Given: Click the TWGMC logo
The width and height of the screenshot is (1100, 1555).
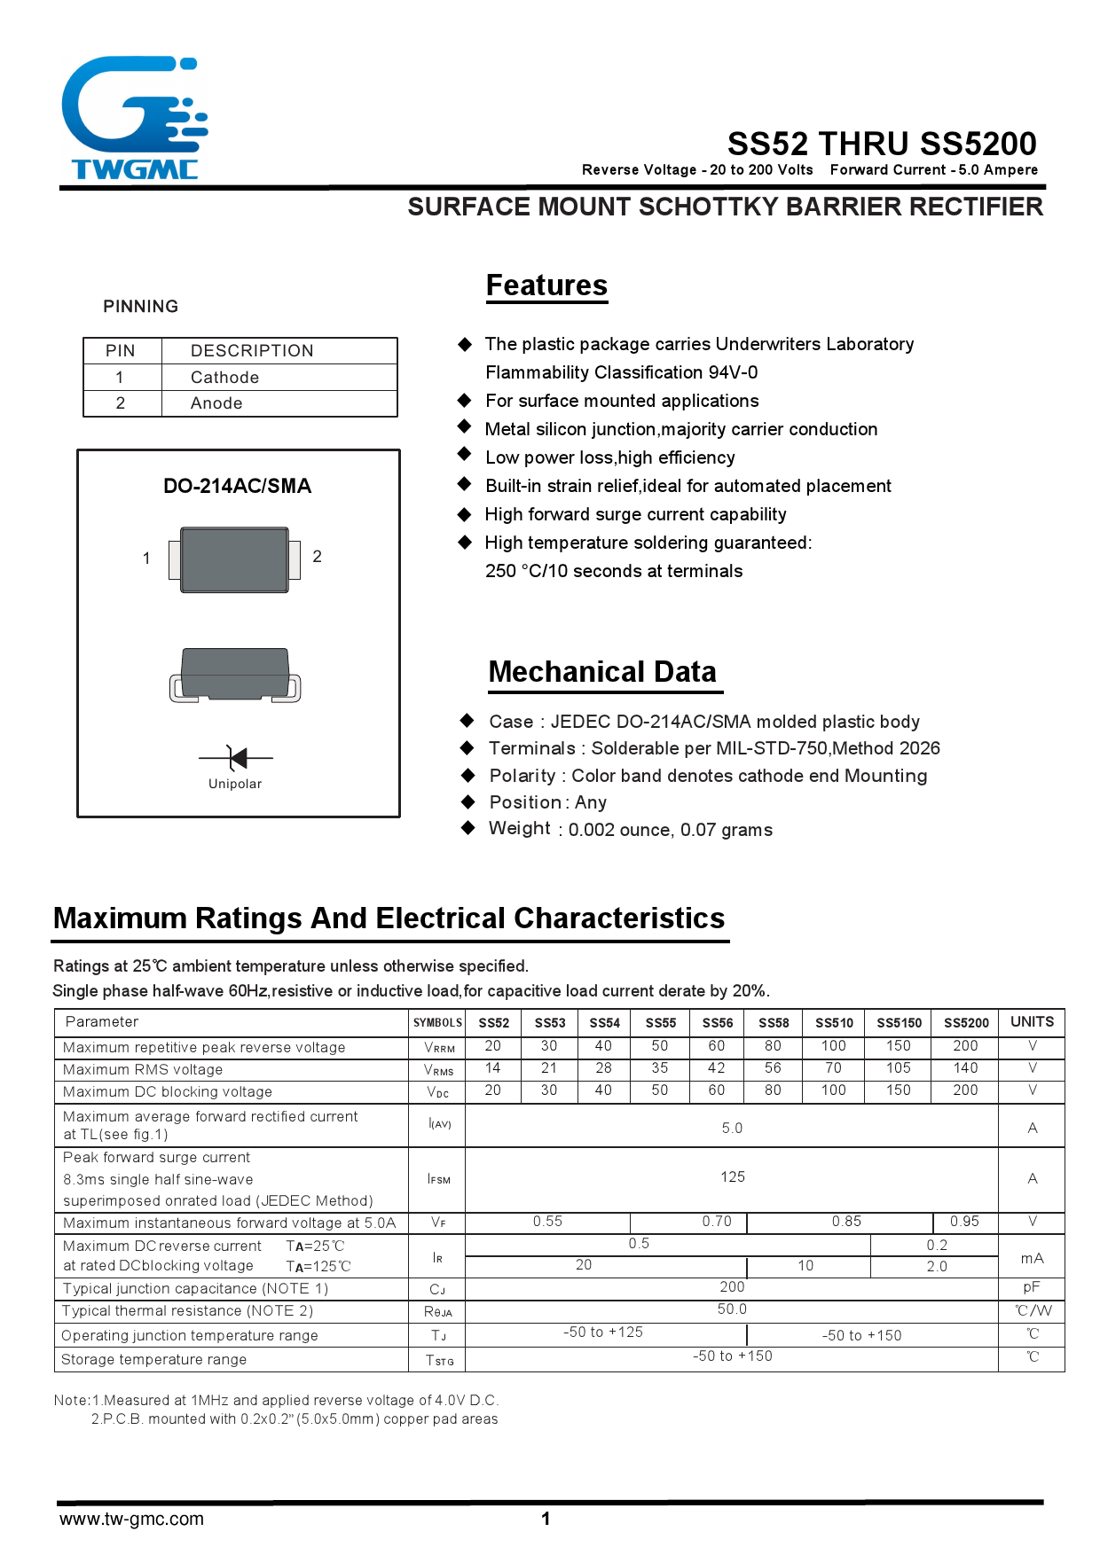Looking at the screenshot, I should click(x=135, y=119).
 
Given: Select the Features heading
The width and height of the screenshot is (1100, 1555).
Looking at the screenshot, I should click(x=546, y=285).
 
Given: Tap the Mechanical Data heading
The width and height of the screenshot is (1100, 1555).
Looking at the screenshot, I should click(x=602, y=672).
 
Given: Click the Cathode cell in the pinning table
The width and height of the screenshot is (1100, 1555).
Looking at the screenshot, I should click(x=225, y=378).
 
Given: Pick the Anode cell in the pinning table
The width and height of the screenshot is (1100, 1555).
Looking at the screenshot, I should click(x=217, y=403).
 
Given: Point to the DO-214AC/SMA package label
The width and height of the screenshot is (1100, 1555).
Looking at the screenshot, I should click(x=237, y=486).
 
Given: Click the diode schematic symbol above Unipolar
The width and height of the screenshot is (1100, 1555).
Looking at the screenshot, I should click(x=236, y=758).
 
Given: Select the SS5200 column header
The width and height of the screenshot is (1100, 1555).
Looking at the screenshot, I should click(x=965, y=1023).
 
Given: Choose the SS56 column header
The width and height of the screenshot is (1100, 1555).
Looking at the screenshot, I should click(x=717, y=1023).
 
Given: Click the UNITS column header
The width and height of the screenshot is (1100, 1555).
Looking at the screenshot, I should click(x=1032, y=1022).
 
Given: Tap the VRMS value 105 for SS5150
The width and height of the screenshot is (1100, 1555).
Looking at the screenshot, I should click(x=898, y=1068).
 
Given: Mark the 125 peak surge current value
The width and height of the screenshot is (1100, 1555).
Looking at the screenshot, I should click(x=732, y=1177).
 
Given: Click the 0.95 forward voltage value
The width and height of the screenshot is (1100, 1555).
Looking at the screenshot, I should click(x=964, y=1222).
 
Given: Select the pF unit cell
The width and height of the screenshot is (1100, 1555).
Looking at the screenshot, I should click(x=1031, y=1287).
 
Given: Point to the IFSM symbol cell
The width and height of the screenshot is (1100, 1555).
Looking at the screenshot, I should click(x=438, y=1179).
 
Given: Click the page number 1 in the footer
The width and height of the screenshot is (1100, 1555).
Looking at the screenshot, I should click(x=546, y=1519).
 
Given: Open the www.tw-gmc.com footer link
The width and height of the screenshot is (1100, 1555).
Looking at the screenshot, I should click(x=131, y=1519).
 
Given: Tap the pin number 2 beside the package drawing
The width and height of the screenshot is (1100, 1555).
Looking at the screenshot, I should click(x=317, y=557).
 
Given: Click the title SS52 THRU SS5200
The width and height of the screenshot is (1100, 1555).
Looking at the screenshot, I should click(x=882, y=144).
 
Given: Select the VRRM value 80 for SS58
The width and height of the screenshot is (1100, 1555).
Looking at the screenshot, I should click(x=773, y=1046).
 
